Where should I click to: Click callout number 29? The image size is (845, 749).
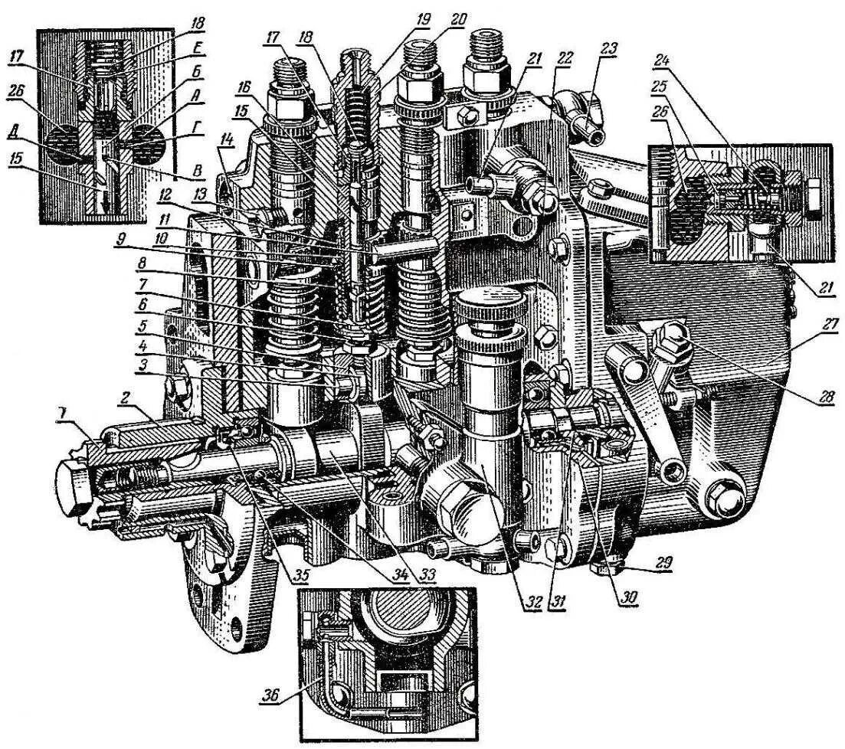(663, 563)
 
